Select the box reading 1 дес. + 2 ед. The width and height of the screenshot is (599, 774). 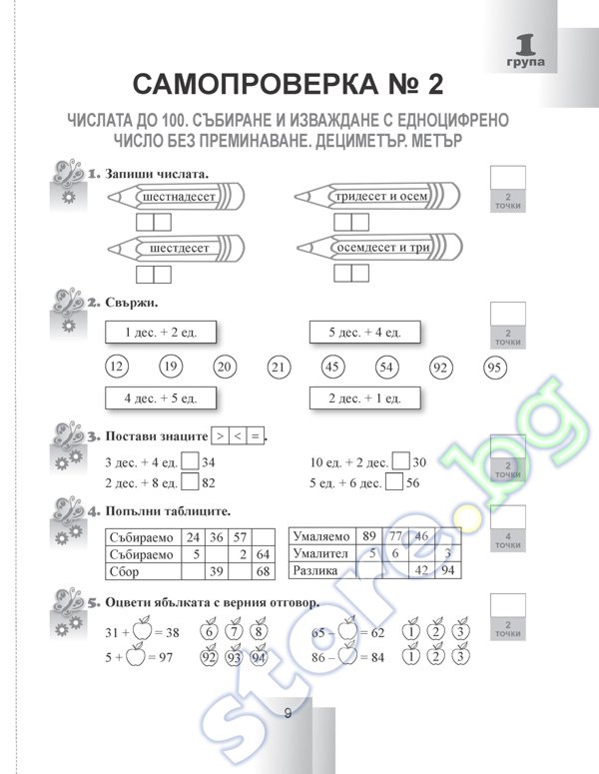point(161,332)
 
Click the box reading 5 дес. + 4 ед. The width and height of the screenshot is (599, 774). point(364,332)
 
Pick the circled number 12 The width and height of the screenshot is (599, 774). point(115,367)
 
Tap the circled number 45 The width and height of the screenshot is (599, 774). point(332,367)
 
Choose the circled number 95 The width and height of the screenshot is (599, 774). point(493,367)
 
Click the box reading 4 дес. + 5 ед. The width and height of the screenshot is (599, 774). point(161,398)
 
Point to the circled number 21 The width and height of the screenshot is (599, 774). point(279,368)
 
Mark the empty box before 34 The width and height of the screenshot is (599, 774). point(190,462)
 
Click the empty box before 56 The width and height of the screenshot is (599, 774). point(393,483)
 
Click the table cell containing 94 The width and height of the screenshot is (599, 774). point(448,570)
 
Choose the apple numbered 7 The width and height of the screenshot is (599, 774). point(235,631)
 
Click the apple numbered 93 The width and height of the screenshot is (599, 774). point(235,656)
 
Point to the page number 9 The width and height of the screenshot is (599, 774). point(288,713)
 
